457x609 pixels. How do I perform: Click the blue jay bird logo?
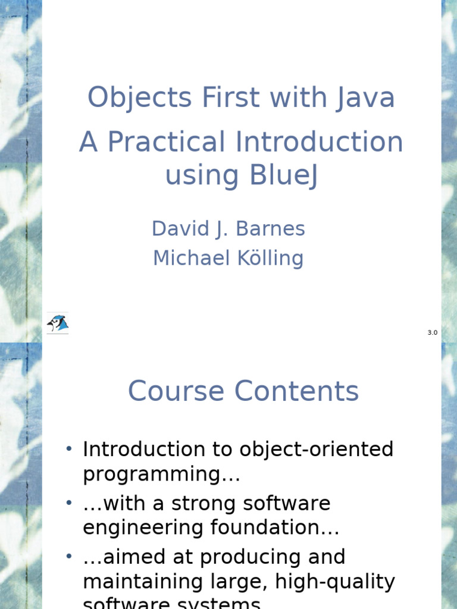(x=58, y=323)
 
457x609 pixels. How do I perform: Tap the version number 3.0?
(x=432, y=332)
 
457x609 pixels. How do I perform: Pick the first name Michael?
(x=191, y=258)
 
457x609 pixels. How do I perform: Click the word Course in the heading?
(x=177, y=391)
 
